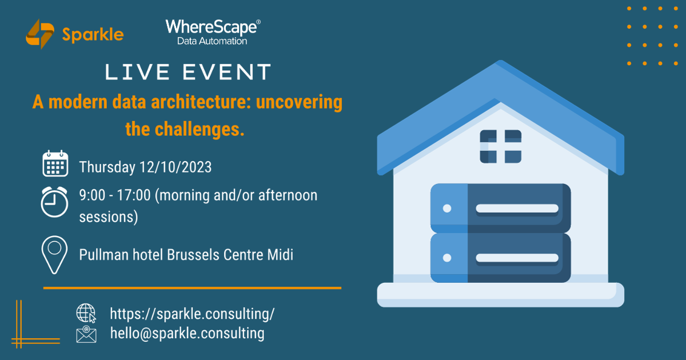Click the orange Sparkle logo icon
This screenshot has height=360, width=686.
40,34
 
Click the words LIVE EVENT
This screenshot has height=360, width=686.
188,72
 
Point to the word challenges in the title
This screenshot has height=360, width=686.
200,129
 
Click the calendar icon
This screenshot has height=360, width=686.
55,163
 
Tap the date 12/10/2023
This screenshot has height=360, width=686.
176,167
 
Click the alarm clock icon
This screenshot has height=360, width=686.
54,202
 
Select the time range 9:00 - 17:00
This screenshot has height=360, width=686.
115,195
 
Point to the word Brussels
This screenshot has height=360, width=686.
193,255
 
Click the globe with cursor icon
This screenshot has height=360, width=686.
86,313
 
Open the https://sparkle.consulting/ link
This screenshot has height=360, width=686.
192,314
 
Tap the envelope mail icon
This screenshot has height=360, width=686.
86,334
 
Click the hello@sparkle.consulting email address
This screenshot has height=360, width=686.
187,333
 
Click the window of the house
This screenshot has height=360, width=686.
500,146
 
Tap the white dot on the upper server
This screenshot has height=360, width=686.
447,209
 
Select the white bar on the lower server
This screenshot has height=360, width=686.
517,258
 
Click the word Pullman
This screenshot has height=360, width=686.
104,255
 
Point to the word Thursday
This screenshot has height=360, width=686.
107,167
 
